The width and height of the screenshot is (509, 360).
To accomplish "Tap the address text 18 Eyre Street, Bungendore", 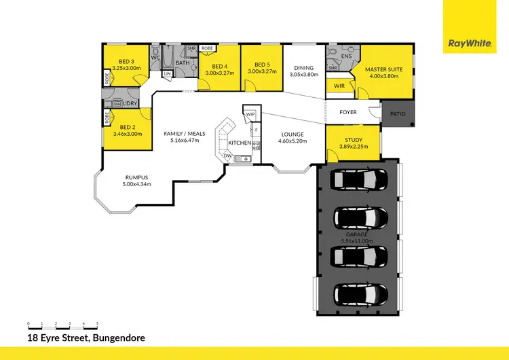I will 86,337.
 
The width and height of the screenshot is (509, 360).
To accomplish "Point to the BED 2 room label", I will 126,127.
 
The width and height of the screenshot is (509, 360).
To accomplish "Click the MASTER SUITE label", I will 385,69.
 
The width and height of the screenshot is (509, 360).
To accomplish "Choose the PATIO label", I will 398,114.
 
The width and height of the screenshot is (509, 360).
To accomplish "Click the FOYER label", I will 348,113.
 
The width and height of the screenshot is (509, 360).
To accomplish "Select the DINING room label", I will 303,67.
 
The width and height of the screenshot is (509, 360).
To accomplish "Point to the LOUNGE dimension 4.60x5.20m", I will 294,141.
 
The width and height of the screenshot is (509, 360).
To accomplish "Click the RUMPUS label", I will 136,177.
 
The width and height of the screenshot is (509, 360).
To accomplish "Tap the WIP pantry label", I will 250,114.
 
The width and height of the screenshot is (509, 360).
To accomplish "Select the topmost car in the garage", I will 360,180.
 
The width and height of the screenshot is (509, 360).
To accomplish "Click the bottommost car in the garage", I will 360,295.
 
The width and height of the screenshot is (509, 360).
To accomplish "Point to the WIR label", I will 340,86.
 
